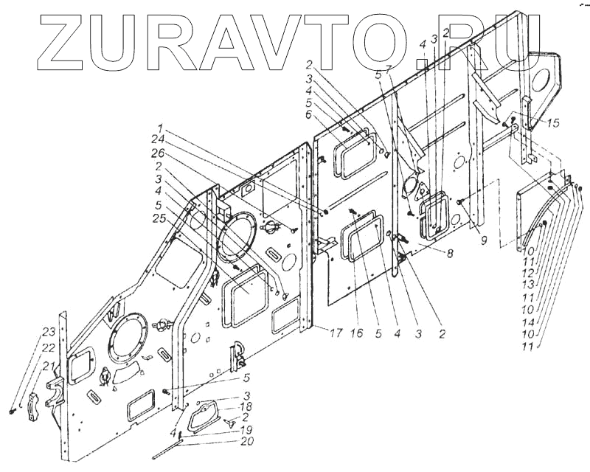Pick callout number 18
(x=246, y=406)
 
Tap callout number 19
(x=246, y=428)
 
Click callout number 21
(x=48, y=366)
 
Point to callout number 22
(x=48, y=347)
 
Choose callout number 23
(x=48, y=330)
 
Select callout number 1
(x=161, y=127)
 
